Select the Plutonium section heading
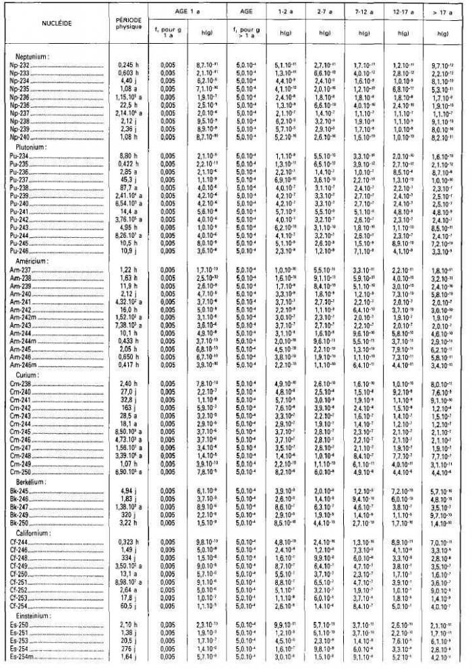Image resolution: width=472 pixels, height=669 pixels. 28,146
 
